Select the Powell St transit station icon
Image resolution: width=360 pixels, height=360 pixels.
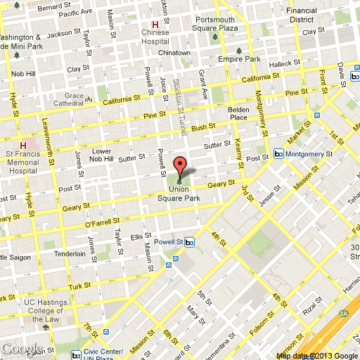coord(190,243)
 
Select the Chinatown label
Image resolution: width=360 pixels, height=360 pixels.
coord(174,53)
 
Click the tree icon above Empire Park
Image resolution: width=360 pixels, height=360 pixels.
coord(240,51)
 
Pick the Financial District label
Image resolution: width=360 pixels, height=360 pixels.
coord(301,15)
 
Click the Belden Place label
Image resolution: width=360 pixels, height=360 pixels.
coord(240,114)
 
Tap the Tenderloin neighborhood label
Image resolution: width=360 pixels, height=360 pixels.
coord(70,254)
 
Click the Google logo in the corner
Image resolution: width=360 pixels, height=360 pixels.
coord(22,349)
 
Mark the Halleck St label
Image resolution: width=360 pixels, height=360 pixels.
coord(288,64)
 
